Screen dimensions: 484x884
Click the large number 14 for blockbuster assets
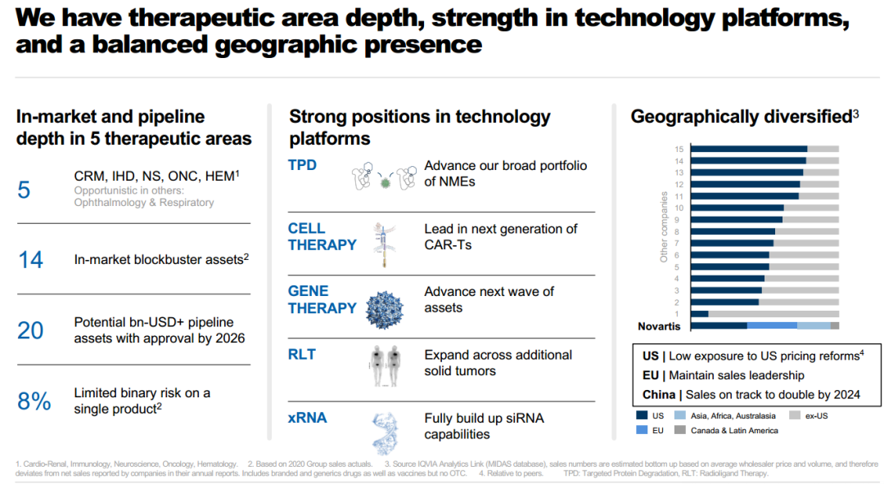pyautogui.click(x=30, y=260)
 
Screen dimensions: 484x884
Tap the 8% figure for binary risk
pyautogui.click(x=34, y=401)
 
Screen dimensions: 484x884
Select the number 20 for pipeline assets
pyautogui.click(x=30, y=330)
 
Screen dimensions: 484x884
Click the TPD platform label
pyautogui.click(x=302, y=166)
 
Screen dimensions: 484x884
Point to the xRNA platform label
pyautogui.click(x=307, y=419)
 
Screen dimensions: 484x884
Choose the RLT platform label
pyautogui.click(x=301, y=355)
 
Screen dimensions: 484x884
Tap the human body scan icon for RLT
pyautogui.click(x=384, y=365)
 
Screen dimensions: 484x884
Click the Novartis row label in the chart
pyautogui.click(x=660, y=326)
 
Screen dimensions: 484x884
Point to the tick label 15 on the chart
pyautogui.click(x=679, y=149)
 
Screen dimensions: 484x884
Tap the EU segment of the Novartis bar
pyautogui.click(x=772, y=325)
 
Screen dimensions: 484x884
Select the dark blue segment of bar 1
pyautogui.click(x=699, y=313)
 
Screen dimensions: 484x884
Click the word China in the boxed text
pyautogui.click(x=657, y=395)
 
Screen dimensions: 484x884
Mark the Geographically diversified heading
pyautogui.click(x=741, y=117)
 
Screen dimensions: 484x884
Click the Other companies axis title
pyautogui.click(x=664, y=226)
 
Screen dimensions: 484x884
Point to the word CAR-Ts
pyautogui.click(x=448, y=244)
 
